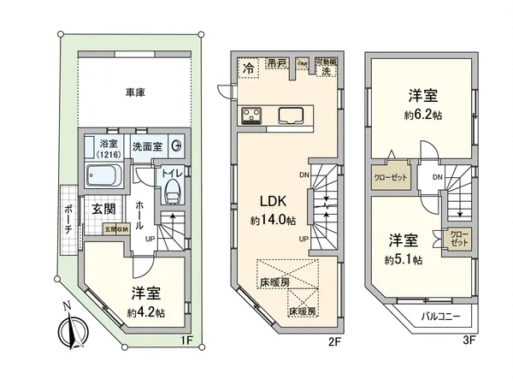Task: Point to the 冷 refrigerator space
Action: [249, 67]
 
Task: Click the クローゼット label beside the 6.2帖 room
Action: [390, 180]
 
